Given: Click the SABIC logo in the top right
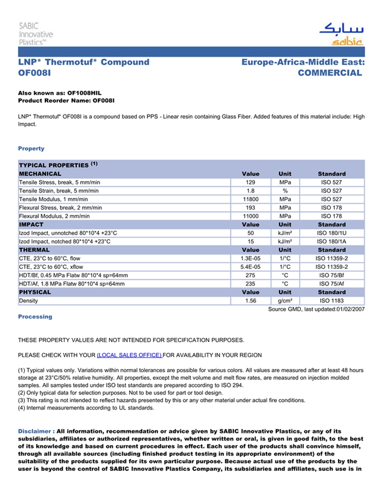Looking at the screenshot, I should coord(340,34).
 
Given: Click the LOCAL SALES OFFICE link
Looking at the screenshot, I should coord(129,355).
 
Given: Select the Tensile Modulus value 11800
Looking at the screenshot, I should coord(251,199).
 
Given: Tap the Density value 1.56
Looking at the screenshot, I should coord(251,301).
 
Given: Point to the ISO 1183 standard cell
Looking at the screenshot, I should coord(332,301).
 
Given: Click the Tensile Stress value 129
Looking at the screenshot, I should coord(251,182).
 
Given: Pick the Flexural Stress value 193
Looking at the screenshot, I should coord(251,208).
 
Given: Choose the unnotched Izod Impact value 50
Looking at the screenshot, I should coord(251,233).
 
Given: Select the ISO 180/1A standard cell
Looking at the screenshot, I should coord(332,241).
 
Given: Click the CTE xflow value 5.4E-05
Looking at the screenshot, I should coord(251,267).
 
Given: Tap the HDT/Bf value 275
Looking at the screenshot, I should coord(251,275).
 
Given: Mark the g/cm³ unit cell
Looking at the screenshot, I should coord(285,301).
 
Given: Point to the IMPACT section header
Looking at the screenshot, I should coord(31,224).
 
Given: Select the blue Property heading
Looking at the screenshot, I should coord(31,148).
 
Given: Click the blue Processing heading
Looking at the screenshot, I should coord(35,316).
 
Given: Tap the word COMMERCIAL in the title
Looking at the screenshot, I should coord(329,73).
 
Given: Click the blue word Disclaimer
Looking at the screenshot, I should coord(35,431).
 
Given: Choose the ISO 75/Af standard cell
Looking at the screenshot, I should coord(332,284).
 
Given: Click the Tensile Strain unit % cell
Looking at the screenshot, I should coord(285,191).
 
